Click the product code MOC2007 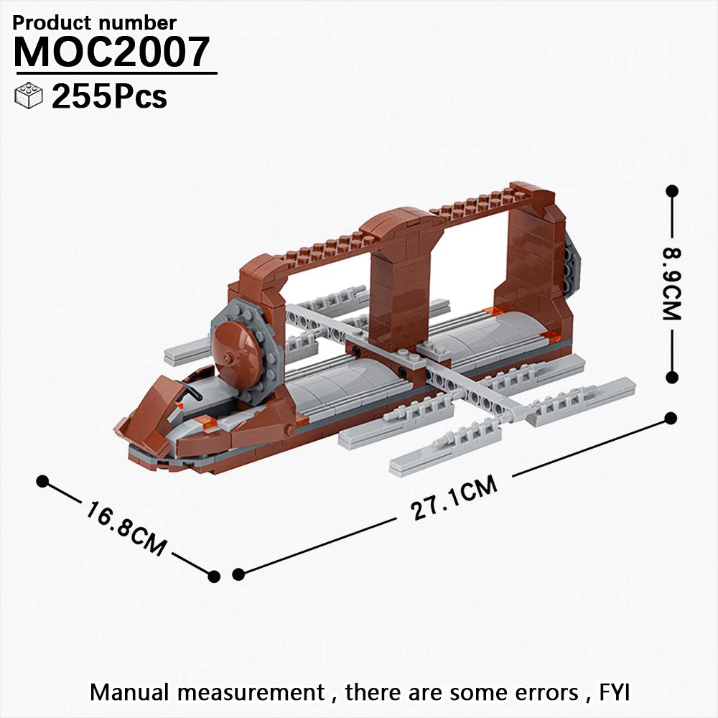112,52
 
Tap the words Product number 95,23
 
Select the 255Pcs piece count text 109,97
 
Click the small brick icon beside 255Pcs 29,96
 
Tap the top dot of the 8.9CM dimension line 672,191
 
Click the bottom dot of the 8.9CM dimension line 672,377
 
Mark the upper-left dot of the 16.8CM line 42,480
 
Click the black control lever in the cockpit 192,393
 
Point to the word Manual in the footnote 131,693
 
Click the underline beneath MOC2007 115,73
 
